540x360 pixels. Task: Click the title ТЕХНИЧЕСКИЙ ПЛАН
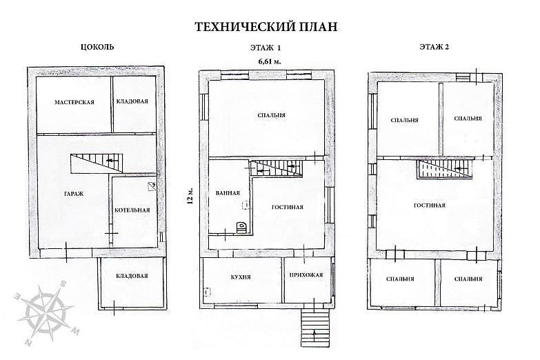click(x=266, y=27)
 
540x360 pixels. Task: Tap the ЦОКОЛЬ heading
click(x=97, y=47)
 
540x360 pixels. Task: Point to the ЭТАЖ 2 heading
click(x=434, y=47)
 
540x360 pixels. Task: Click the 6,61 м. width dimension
click(x=270, y=61)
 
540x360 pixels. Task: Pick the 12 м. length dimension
click(x=190, y=196)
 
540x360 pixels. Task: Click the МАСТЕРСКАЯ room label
click(x=74, y=102)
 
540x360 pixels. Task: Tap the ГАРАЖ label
click(x=74, y=194)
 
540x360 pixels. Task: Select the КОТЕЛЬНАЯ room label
click(x=132, y=210)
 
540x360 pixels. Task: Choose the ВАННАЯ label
click(x=228, y=193)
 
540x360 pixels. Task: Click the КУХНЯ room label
click(x=241, y=277)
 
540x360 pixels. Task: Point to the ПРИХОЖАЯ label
click(x=306, y=275)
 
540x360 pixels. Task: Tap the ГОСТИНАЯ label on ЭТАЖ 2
click(x=430, y=206)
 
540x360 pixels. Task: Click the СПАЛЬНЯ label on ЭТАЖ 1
click(x=272, y=115)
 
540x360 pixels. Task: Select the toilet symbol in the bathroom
click(x=241, y=228)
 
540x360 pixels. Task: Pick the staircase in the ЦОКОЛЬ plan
click(x=97, y=163)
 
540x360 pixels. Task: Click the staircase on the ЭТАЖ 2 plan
click(x=445, y=169)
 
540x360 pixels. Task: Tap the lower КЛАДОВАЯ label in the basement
click(x=132, y=276)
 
